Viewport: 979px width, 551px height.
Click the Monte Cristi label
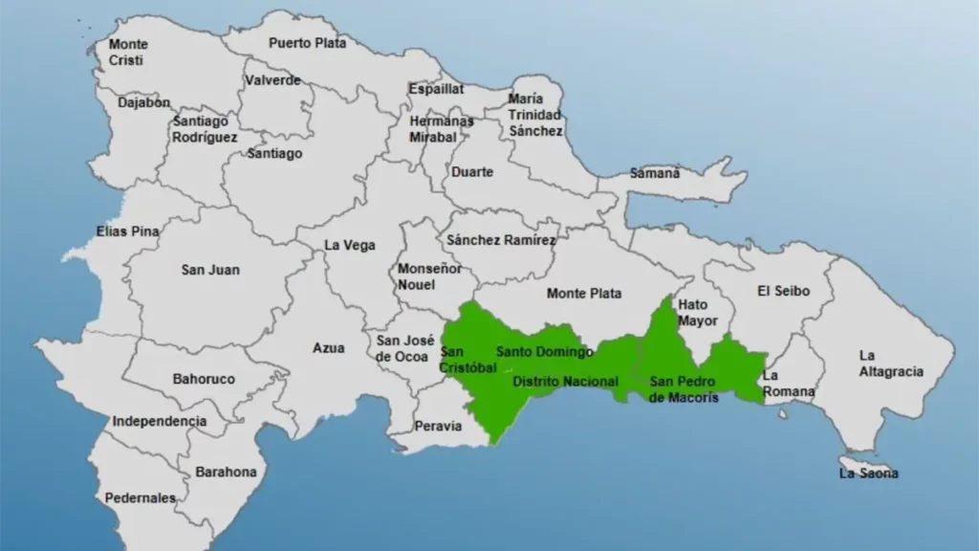pos(128,52)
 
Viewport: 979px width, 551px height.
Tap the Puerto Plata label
pos(307,43)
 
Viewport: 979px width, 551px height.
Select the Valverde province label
pos(272,80)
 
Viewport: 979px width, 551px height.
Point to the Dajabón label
pos(144,102)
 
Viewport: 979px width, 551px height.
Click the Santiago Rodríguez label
pos(206,129)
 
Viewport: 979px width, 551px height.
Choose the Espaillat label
pos(436,88)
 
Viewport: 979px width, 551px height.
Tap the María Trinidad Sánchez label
pos(535,115)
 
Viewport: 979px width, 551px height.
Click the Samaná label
pos(655,173)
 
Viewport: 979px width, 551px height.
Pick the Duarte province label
pos(472,172)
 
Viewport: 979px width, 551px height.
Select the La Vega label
pos(349,245)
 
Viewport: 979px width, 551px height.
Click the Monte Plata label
pos(584,294)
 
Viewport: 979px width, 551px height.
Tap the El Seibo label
pos(783,291)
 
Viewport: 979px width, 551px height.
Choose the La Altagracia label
pos(891,364)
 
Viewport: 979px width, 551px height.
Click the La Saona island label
pos(868,473)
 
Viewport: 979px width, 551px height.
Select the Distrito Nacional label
pos(565,382)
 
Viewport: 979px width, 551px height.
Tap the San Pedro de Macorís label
pos(684,389)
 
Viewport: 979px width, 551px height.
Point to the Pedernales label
pos(141,497)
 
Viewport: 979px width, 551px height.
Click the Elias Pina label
pos(127,231)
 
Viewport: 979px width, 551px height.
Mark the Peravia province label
pos(438,426)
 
